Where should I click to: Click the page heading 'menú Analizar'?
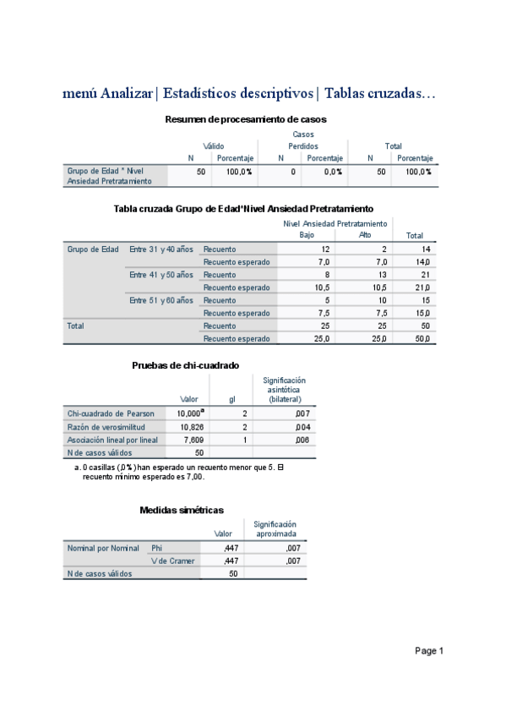[108, 93]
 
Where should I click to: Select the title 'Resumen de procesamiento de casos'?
[246, 119]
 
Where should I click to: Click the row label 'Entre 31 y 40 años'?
[161, 249]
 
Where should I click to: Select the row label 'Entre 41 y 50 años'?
[161, 275]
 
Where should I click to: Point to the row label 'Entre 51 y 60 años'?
[161, 300]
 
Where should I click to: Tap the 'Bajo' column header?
[307, 235]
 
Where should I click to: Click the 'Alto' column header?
[365, 235]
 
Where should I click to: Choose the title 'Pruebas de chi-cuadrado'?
[185, 365]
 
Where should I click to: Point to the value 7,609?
[193, 440]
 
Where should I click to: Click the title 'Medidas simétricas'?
[181, 510]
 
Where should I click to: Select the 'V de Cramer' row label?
[173, 561]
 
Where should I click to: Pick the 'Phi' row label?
[156, 548]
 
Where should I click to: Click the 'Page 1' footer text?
[428, 651]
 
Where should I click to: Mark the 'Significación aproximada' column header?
[275, 529]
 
